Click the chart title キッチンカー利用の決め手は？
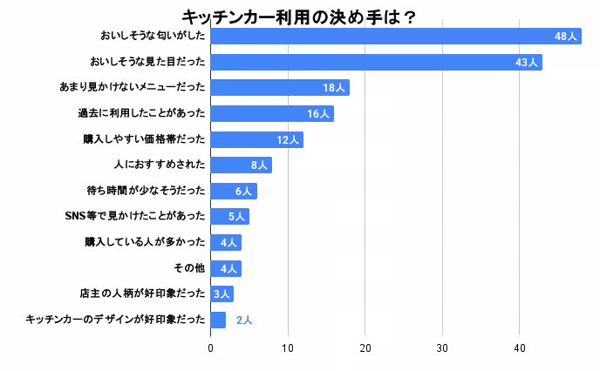(299, 17)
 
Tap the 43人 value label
(526, 63)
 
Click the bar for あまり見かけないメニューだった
(279, 88)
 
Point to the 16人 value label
(317, 114)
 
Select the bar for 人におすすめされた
(241, 165)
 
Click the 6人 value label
(243, 192)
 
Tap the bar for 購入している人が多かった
(225, 242)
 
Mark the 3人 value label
(222, 294)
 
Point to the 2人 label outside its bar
(244, 320)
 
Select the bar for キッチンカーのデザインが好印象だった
(218, 320)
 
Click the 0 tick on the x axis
(210, 348)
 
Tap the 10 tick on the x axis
(288, 348)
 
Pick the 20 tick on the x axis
(365, 348)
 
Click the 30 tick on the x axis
(442, 348)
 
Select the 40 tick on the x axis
(519, 348)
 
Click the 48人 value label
(566, 37)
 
